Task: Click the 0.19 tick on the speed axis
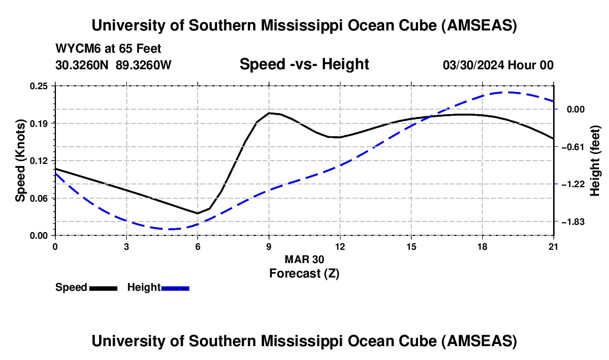click(40, 123)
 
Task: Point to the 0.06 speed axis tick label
click(40, 198)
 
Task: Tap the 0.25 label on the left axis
click(40, 86)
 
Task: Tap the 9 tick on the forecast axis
click(269, 246)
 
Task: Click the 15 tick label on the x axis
click(411, 246)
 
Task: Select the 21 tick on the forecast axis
click(554, 246)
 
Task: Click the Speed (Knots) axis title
click(20, 161)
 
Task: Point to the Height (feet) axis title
click(596, 161)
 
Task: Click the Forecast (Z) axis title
click(304, 273)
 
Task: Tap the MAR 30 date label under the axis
click(304, 259)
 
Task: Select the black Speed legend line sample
click(103, 288)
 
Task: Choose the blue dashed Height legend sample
click(176, 288)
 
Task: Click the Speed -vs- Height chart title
click(304, 64)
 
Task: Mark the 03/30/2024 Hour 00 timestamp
click(498, 65)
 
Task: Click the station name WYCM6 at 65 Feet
click(109, 49)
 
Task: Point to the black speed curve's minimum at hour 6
click(198, 213)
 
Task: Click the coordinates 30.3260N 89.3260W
click(113, 65)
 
